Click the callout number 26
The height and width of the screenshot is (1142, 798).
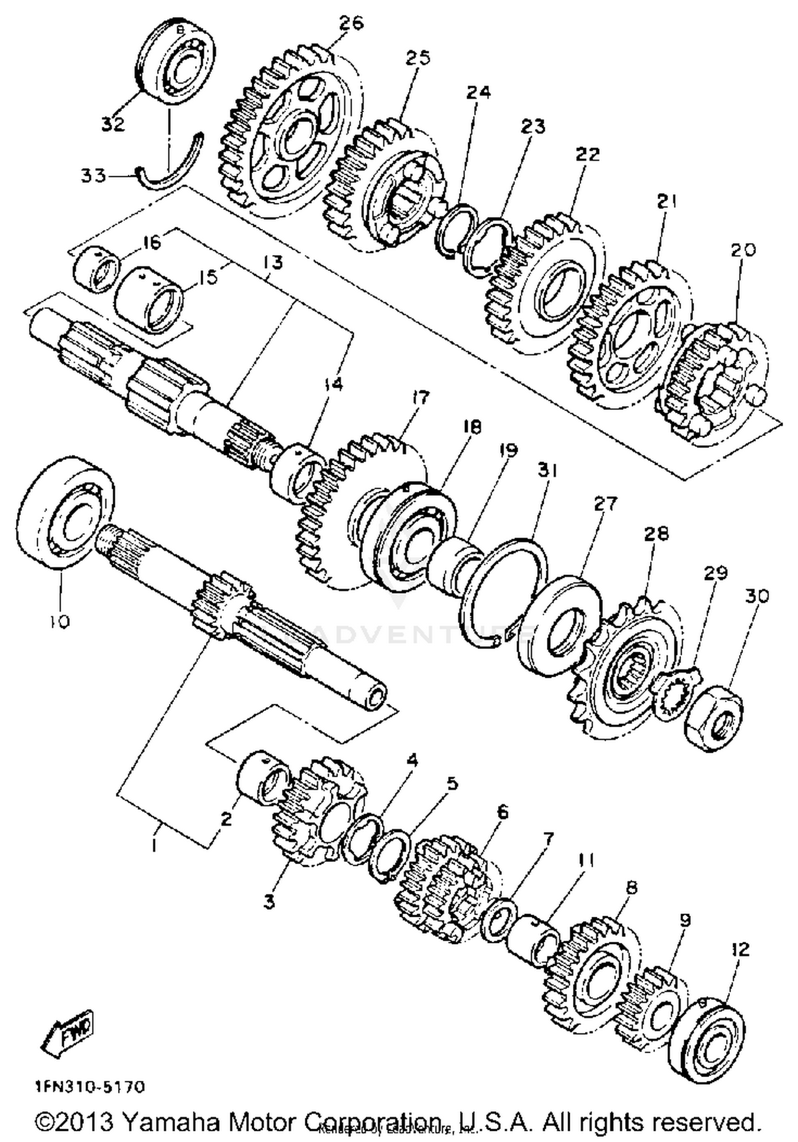(351, 23)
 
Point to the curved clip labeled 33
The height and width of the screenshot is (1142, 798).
(169, 167)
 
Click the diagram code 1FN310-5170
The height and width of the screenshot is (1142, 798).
(90, 1086)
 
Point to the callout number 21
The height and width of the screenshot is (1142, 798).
(665, 202)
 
